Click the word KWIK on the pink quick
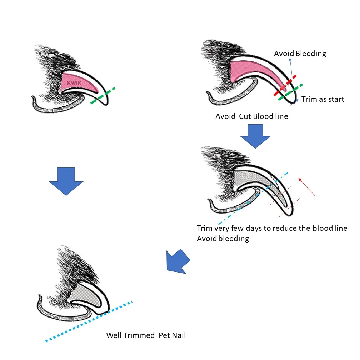[74, 83]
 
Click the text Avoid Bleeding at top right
[300, 54]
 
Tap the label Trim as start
[322, 99]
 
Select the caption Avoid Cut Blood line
[252, 116]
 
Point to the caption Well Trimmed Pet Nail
[146, 335]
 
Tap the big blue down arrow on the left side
[66, 181]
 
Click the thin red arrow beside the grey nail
[306, 187]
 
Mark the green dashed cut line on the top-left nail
[103, 96]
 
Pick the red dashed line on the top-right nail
[285, 85]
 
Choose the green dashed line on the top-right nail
[290, 92]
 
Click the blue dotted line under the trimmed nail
[89, 321]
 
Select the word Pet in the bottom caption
[164, 335]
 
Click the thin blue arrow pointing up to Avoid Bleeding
[291, 68]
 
